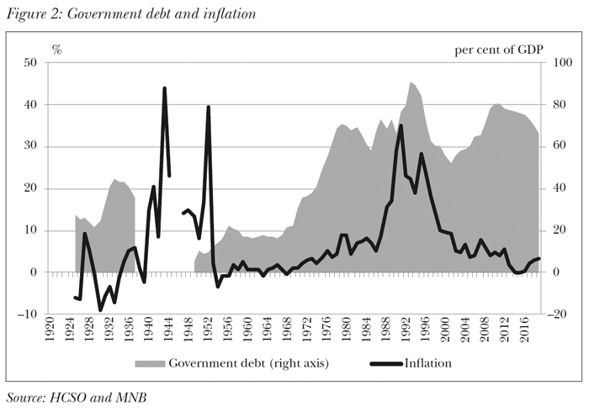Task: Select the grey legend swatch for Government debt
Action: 150,364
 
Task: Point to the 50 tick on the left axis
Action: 29,63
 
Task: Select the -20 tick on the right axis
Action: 555,314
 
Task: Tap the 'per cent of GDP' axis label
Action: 500,49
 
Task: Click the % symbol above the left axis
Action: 57,49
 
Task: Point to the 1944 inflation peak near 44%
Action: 164,88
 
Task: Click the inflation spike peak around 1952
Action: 208,107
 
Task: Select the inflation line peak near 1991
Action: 401,125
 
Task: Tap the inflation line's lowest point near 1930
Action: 100,310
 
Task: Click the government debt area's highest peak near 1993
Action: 411,82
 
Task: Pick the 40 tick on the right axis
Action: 554,189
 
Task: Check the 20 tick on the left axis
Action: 29,189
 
